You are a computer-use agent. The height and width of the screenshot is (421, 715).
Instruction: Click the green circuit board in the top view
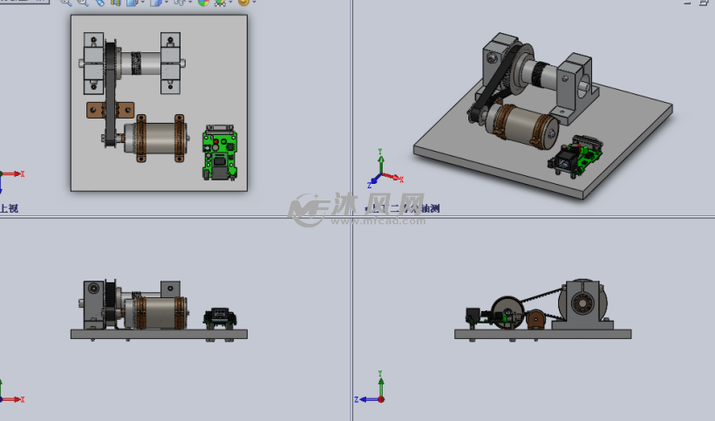tap(220, 150)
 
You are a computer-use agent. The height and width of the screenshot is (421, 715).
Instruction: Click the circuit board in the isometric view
tap(577, 155)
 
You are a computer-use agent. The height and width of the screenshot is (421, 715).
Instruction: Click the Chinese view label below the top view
tap(9, 208)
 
